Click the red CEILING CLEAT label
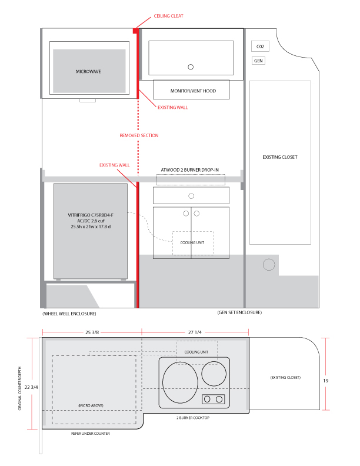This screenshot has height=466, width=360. [168, 16]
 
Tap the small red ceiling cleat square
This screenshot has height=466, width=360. [135, 31]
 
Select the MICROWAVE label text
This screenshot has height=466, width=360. [88, 72]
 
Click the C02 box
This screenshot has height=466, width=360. [260, 46]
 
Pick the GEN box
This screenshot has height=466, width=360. [258, 61]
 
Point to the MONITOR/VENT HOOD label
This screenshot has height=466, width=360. [193, 91]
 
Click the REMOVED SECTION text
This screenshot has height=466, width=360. [139, 135]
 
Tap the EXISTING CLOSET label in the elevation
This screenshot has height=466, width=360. [280, 157]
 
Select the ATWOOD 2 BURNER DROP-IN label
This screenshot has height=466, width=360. [190, 170]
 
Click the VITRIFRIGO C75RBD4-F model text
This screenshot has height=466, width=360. [91, 215]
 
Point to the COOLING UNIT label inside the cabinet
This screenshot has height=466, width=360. [192, 242]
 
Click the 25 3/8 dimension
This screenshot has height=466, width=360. [92, 332]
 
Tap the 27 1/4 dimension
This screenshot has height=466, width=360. [195, 332]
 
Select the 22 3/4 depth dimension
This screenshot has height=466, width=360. [31, 387]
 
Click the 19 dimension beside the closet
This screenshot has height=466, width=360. [326, 381]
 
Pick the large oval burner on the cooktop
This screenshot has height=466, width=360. [180, 382]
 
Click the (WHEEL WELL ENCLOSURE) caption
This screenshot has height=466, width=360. [69, 314]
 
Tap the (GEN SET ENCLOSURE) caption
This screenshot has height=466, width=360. [239, 312]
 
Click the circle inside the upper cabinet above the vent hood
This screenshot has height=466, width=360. [191, 67]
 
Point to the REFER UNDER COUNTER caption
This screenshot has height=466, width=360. [91, 434]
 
